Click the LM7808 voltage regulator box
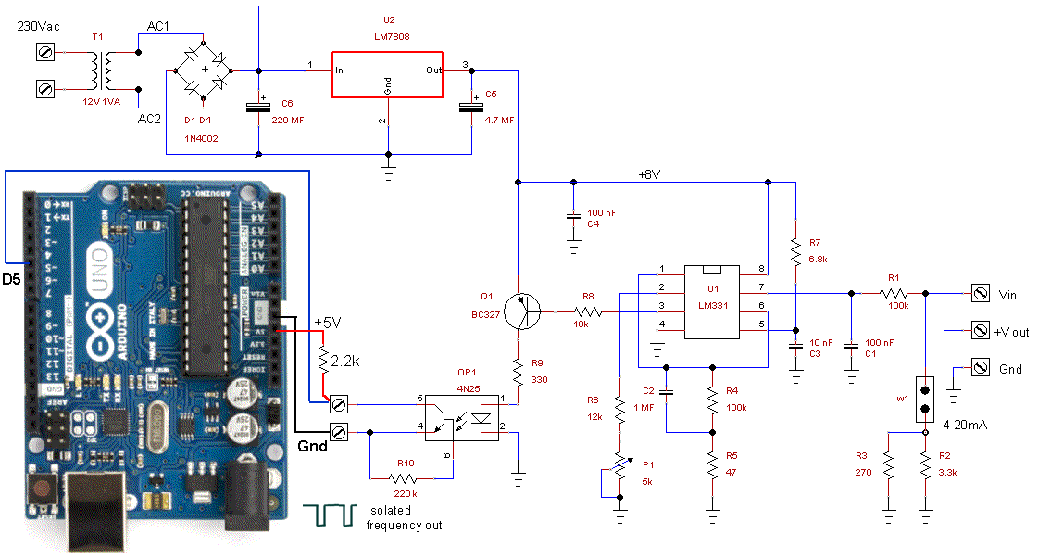coord(387,70)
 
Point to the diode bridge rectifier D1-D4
coord(204,70)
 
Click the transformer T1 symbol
coord(98,70)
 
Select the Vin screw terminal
coord(980,294)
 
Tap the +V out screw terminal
coord(980,330)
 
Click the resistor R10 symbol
coord(404,478)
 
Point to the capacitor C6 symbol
coord(258,107)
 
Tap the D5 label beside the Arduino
coord(14,277)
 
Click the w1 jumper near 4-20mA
coord(924,399)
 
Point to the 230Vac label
coord(39,26)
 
